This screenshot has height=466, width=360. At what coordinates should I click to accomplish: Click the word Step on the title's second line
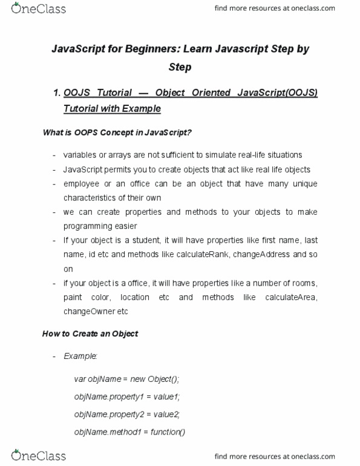point(180,67)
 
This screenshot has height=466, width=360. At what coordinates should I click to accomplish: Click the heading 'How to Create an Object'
point(90,333)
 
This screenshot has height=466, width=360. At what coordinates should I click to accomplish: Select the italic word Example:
point(80,356)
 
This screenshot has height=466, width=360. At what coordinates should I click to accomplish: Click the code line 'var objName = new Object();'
point(127,379)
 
